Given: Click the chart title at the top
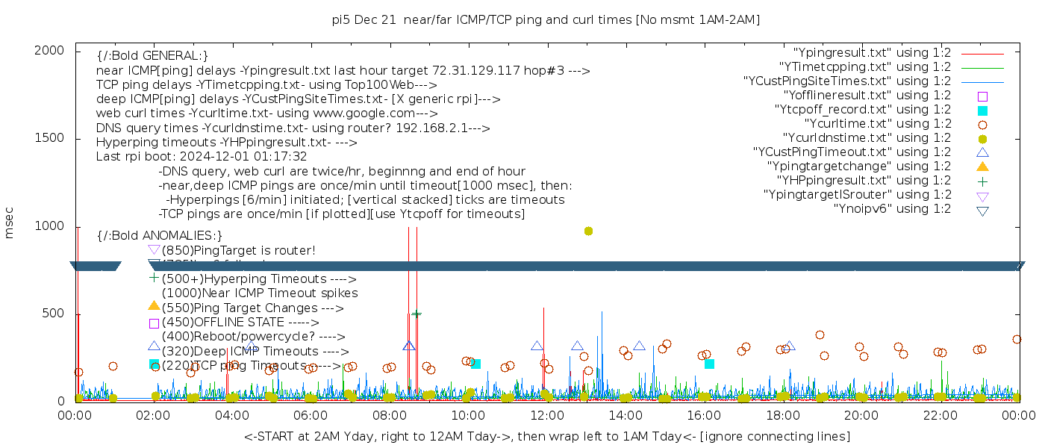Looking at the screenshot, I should click(x=546, y=19).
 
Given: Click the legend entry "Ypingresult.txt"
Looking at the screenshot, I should click(x=872, y=53).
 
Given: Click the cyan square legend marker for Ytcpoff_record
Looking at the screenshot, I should click(x=982, y=111).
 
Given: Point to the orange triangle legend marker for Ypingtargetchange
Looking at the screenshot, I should click(x=982, y=167).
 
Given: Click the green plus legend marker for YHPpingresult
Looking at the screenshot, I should click(x=982, y=181).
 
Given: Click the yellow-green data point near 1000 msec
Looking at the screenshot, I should click(x=588, y=231).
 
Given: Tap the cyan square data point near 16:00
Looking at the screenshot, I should click(x=709, y=364).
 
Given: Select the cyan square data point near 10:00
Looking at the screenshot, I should click(x=475, y=364).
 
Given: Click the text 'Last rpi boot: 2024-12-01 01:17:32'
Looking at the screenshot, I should click(x=202, y=157).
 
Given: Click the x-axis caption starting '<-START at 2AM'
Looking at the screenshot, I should click(x=546, y=436).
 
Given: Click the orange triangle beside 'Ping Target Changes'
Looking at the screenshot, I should click(x=154, y=305).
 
